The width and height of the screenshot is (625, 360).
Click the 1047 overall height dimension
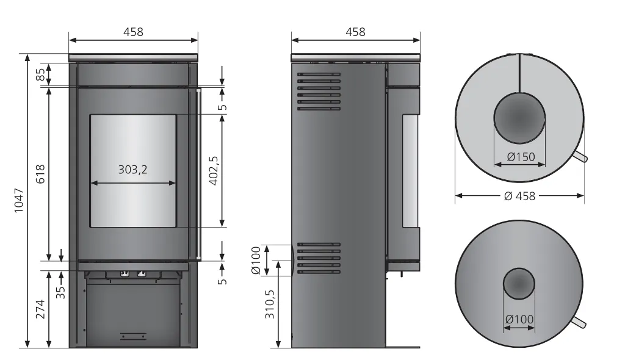19,201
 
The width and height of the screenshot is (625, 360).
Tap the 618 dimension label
40,174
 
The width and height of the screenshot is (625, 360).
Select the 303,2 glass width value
132,170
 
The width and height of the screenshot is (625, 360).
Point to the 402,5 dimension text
214,170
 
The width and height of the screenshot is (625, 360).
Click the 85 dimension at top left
41,74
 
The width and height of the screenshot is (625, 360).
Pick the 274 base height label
40,309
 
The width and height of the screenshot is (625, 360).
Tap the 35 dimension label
60,292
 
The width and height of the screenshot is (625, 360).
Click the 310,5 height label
270,304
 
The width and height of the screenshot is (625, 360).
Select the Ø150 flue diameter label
521,157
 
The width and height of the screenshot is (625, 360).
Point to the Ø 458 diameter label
519,196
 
